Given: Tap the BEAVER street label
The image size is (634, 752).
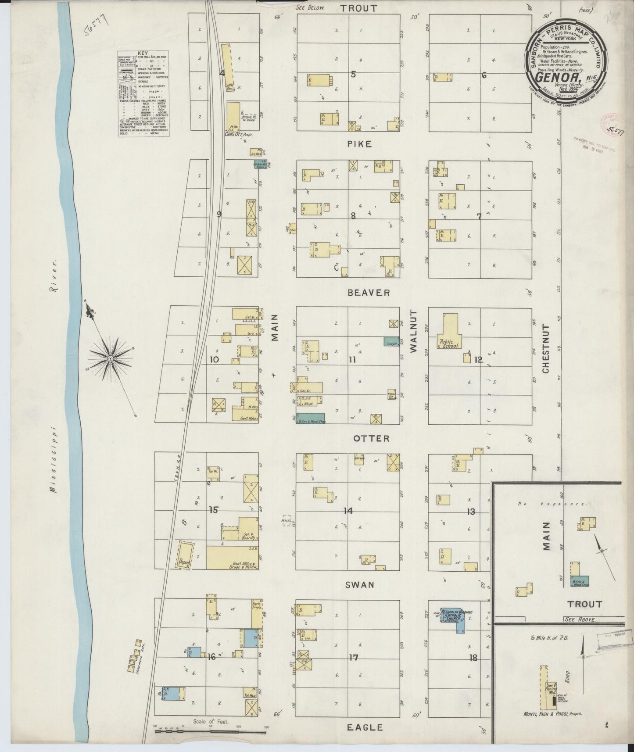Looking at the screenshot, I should (369, 293).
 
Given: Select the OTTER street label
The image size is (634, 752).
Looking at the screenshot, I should (371, 438).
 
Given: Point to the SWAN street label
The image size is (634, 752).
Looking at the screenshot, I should (359, 584).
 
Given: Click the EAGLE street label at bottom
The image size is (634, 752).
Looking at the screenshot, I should (364, 727).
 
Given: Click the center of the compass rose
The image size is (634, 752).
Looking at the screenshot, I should (110, 359).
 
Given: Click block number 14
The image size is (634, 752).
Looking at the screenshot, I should (348, 511).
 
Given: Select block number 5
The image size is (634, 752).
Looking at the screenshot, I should (353, 74).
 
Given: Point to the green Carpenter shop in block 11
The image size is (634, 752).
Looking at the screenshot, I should (391, 342).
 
